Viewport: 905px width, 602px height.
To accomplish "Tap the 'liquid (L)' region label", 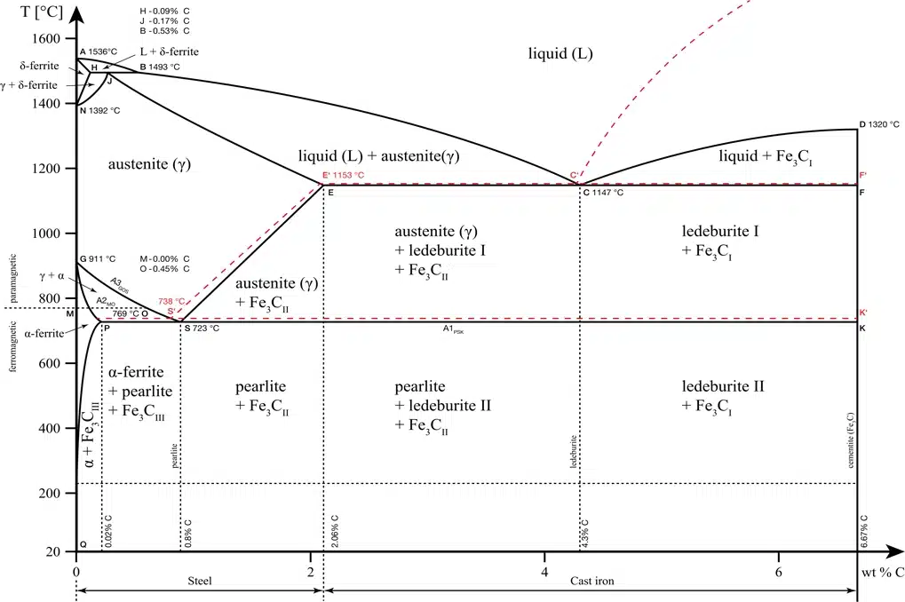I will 559,54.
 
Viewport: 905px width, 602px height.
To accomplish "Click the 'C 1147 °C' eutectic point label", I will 603,192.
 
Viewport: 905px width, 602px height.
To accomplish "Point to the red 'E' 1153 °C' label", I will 344,176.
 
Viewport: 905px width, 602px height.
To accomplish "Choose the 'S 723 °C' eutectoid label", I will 202,329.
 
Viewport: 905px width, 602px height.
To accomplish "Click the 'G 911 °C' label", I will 99,259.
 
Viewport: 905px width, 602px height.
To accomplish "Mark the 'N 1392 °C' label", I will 99,110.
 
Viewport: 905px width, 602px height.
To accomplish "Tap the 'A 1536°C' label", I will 98,51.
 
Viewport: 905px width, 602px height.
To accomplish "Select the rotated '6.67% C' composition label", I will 864,531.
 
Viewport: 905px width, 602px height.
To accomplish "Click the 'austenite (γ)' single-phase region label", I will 149,164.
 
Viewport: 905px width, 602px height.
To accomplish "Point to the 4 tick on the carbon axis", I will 544,572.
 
